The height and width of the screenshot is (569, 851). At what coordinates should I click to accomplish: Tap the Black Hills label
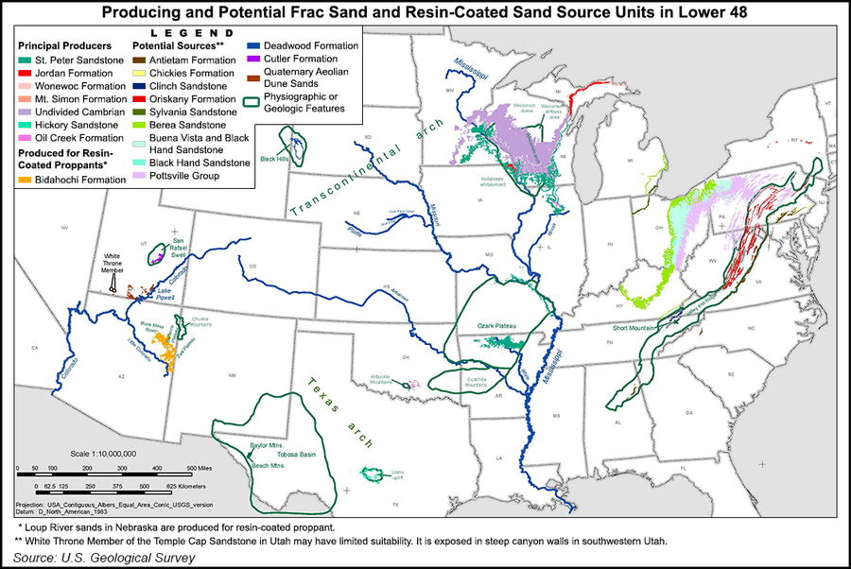(x=275, y=159)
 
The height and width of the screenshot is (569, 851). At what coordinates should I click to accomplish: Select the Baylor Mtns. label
(x=266, y=443)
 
